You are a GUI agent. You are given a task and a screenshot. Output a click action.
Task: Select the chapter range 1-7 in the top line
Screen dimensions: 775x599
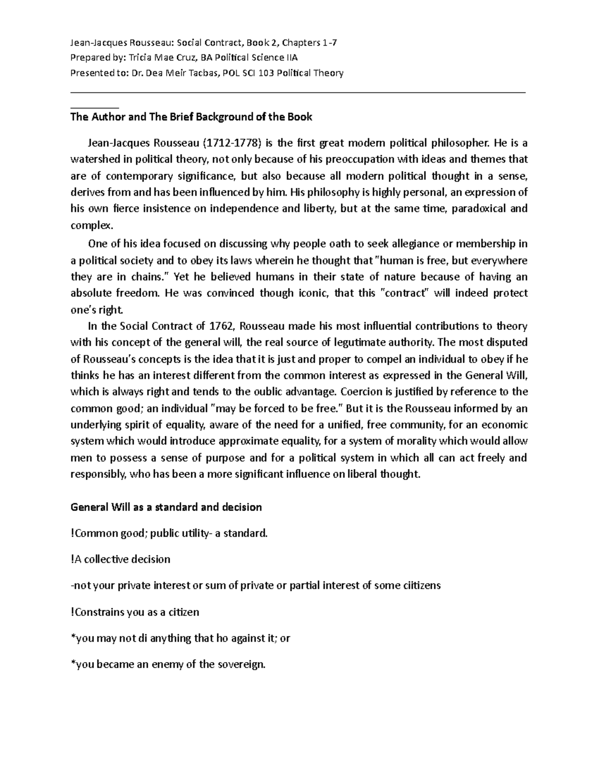(329, 42)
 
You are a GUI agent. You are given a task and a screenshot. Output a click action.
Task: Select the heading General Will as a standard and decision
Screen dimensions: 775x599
(166, 508)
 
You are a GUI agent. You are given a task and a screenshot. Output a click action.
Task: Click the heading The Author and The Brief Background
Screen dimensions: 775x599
(191, 117)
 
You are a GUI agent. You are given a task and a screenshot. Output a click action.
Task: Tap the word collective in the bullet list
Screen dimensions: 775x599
(106, 559)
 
